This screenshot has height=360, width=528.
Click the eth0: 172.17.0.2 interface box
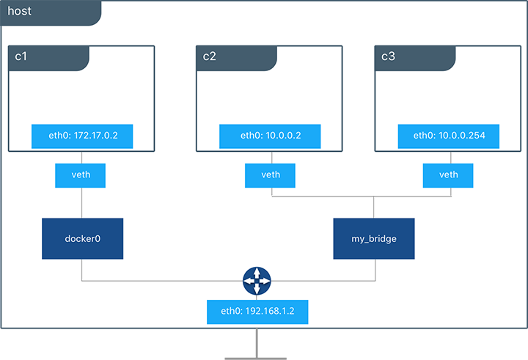81,136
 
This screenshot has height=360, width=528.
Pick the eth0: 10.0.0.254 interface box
448,136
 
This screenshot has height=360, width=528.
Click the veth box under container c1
81,175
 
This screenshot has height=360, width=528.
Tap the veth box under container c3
448,175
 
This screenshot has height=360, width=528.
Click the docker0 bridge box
81,238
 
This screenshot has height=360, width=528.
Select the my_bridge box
374,238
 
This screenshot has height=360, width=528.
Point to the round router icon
257,281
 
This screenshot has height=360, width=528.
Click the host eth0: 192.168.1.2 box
257,312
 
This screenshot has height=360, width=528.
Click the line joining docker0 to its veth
81,202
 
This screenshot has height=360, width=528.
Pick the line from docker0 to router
161,281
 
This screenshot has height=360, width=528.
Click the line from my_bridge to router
323,281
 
